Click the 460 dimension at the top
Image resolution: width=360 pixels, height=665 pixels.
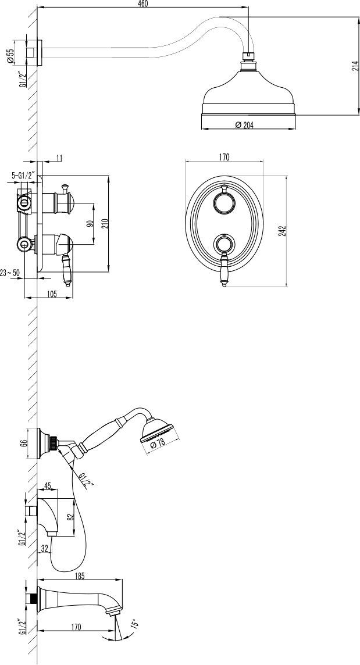(x=143, y=4)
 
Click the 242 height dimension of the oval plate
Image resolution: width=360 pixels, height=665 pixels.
(x=283, y=230)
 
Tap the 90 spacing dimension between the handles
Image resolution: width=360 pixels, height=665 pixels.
(x=90, y=223)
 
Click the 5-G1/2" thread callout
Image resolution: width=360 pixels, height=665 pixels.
(x=24, y=174)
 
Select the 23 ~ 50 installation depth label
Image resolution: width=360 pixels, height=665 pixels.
(x=10, y=273)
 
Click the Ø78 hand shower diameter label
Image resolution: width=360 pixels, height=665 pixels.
(x=158, y=444)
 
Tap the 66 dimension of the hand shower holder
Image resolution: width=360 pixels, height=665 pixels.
(x=24, y=442)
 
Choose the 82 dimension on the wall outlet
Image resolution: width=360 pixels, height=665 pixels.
(x=71, y=517)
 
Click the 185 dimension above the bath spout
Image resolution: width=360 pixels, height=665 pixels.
(x=80, y=576)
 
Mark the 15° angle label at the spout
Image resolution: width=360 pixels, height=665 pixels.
(x=134, y=623)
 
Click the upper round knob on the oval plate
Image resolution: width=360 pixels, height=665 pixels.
(x=224, y=202)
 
